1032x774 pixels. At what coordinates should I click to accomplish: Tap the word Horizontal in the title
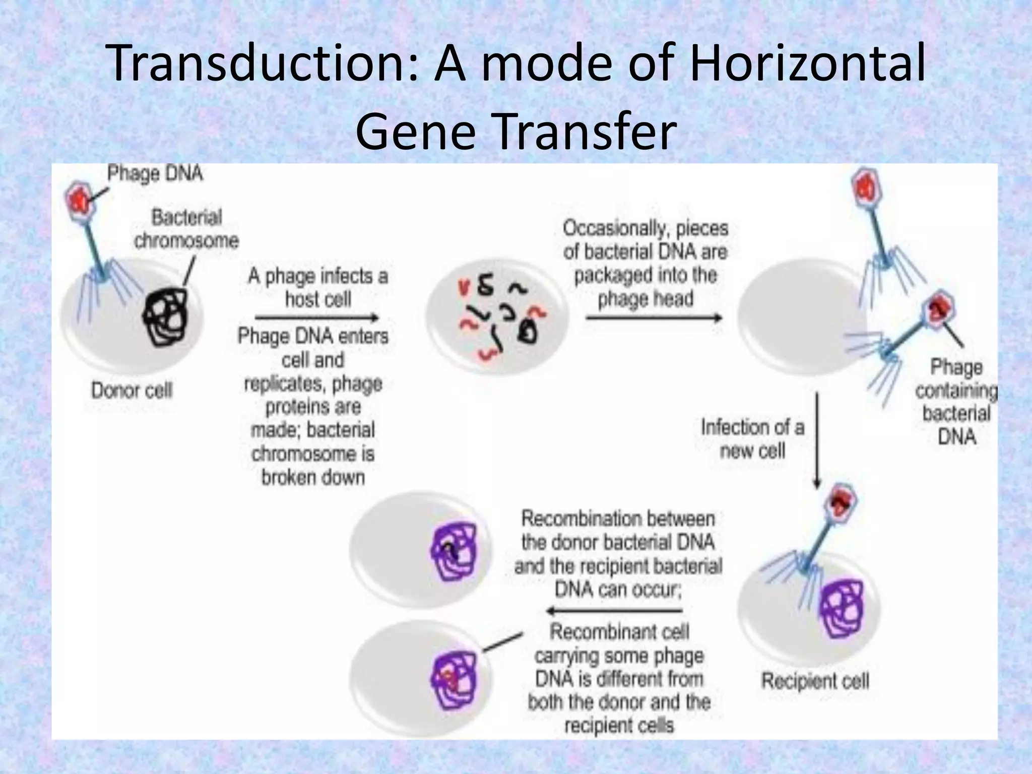(806, 64)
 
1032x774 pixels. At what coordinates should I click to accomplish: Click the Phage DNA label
(155, 174)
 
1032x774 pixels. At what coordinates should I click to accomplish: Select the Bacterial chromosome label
(186, 229)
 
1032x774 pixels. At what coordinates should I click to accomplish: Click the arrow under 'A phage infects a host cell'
(316, 318)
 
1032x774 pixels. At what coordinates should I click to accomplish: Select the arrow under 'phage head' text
(654, 318)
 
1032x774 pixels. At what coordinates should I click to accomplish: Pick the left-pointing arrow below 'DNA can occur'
(615, 611)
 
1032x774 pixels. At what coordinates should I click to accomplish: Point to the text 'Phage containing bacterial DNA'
(956, 402)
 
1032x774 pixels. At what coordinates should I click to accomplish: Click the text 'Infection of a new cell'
(752, 439)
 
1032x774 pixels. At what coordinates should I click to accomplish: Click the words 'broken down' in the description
(313, 477)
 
